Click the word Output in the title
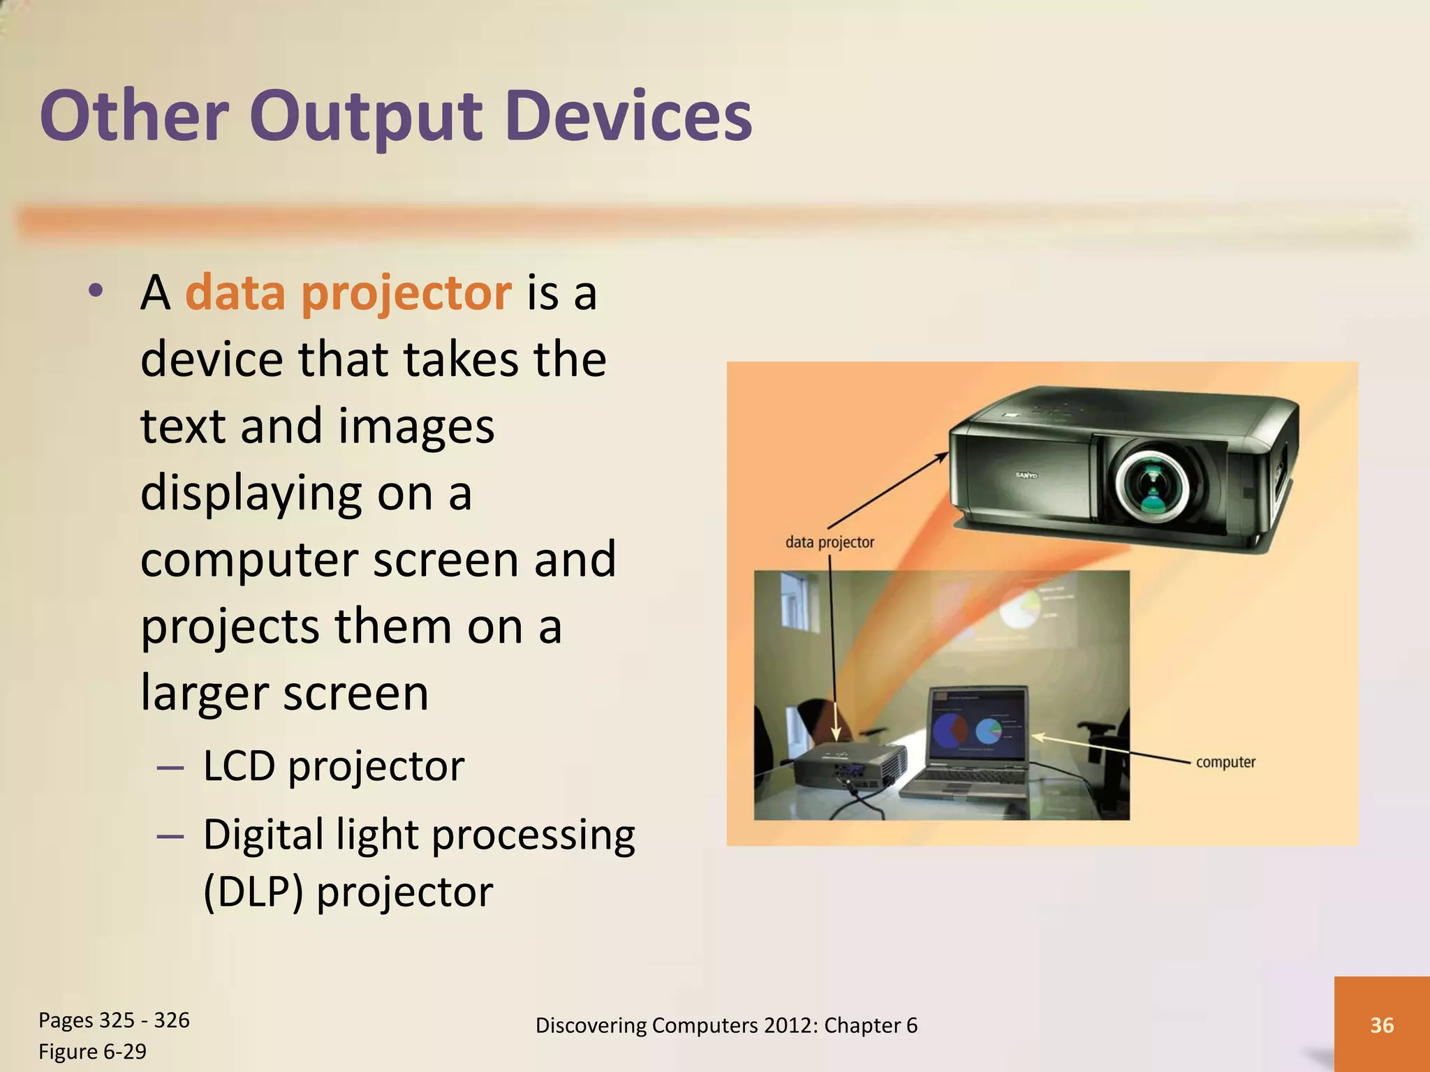point(366,117)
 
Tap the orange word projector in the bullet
point(406,293)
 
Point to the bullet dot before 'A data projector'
point(96,290)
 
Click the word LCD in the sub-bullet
point(239,766)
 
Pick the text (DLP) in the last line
point(253,892)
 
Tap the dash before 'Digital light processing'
point(170,836)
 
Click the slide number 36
point(1382,1025)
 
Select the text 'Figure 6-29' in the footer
point(92,1051)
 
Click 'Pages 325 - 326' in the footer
point(114,1020)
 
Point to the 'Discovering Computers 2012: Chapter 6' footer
point(726,1025)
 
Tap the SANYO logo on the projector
point(1026,475)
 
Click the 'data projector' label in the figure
point(830,542)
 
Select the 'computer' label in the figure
point(1225,762)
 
